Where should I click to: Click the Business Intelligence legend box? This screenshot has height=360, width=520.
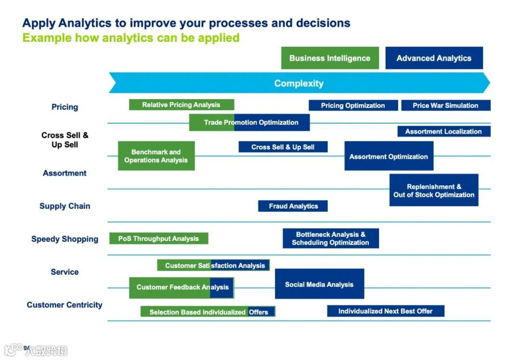click(330, 58)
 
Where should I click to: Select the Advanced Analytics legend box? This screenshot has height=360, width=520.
click(434, 58)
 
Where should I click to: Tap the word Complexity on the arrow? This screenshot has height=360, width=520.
click(299, 83)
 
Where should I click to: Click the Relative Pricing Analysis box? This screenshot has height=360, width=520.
click(181, 105)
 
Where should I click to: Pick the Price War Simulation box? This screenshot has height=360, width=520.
click(445, 105)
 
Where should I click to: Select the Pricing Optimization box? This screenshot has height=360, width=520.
click(353, 105)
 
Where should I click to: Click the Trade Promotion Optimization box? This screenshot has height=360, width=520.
click(249, 122)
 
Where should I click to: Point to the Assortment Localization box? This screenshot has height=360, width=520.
click(443, 131)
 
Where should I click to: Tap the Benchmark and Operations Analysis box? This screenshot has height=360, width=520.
click(156, 156)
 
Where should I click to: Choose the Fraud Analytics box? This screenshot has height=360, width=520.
click(293, 206)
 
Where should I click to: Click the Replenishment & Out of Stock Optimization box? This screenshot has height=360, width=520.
click(434, 190)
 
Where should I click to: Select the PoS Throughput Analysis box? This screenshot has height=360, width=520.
click(158, 238)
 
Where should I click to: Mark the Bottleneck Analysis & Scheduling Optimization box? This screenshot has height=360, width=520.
click(330, 238)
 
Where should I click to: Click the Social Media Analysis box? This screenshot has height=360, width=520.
click(319, 284)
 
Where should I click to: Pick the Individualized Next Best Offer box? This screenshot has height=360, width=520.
click(385, 311)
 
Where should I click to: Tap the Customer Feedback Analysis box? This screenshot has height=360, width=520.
click(181, 287)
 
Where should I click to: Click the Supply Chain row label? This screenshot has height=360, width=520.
click(65, 206)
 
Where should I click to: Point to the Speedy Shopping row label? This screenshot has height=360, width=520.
click(65, 239)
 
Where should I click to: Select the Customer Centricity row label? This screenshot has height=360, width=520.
click(65, 305)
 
